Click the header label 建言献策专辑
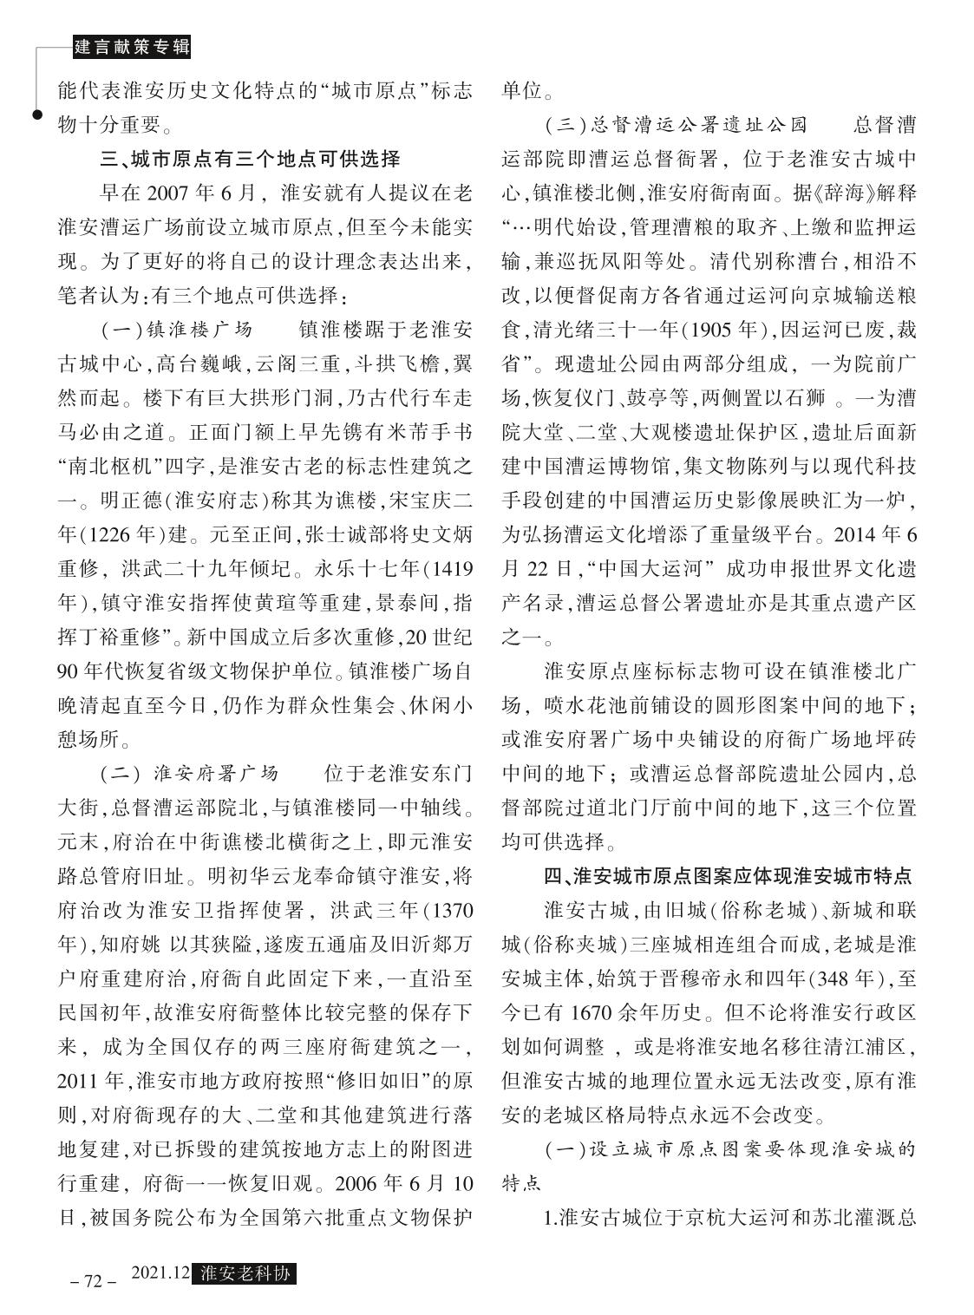click(x=131, y=48)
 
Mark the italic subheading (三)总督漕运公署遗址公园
click(x=676, y=125)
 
